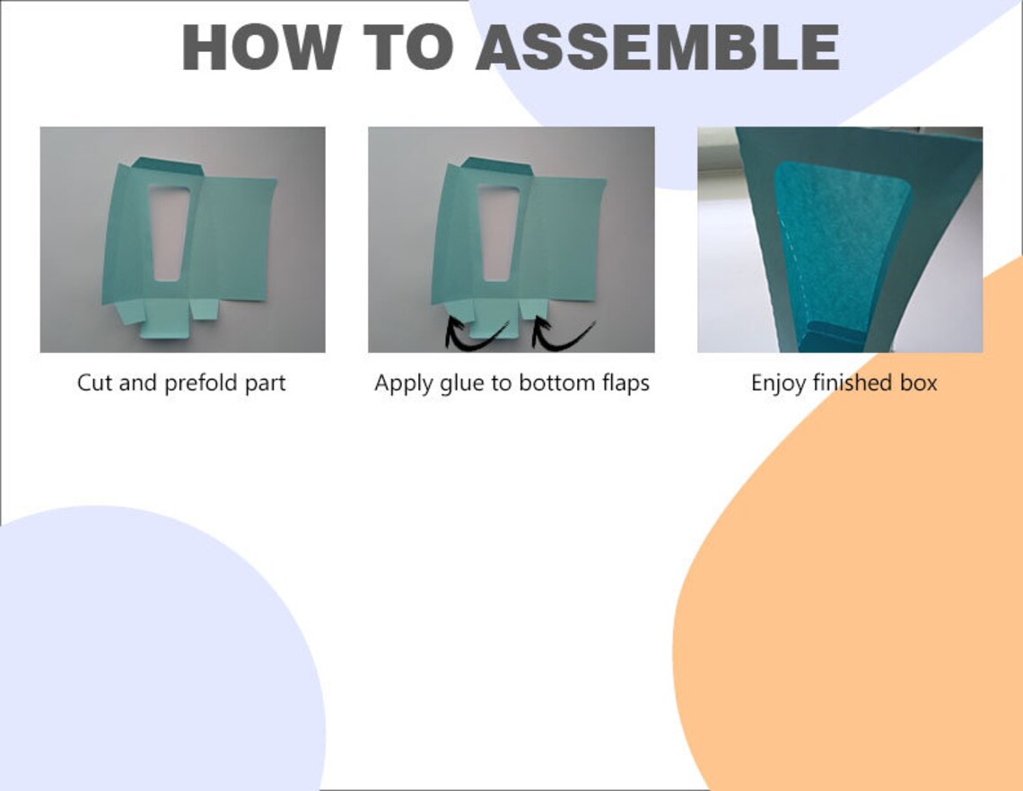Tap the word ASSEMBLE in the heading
pyautogui.click(x=658, y=47)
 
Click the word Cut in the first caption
pyautogui.click(x=94, y=382)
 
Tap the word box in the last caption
pyautogui.click(x=919, y=382)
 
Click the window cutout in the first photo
pyautogui.click(x=168, y=233)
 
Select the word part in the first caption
pyautogui.click(x=265, y=383)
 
